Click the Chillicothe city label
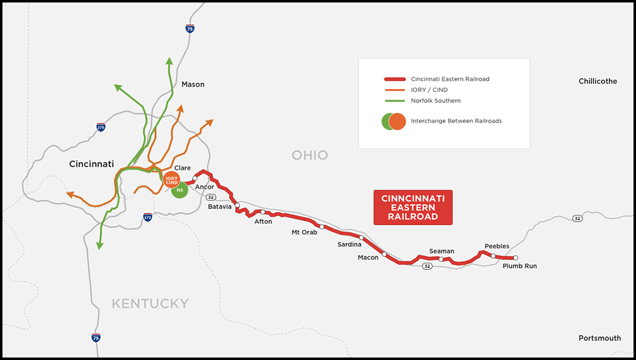(x=598, y=81)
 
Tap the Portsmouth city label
(x=600, y=338)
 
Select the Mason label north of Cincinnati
(x=193, y=85)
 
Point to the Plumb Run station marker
(x=516, y=258)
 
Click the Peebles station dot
(x=493, y=256)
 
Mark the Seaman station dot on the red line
(x=441, y=259)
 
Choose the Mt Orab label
(x=304, y=232)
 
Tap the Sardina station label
(x=349, y=245)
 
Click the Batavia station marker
(x=238, y=205)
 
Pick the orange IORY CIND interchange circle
(x=171, y=180)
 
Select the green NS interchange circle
(x=179, y=190)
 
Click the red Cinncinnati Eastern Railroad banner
(x=413, y=207)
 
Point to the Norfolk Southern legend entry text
(x=436, y=101)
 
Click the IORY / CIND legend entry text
(x=429, y=90)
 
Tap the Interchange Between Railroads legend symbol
(x=394, y=121)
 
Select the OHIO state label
(x=310, y=155)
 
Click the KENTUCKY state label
(x=150, y=303)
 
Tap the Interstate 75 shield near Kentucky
(x=96, y=338)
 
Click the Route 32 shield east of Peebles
(x=577, y=219)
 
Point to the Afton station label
(x=263, y=222)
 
